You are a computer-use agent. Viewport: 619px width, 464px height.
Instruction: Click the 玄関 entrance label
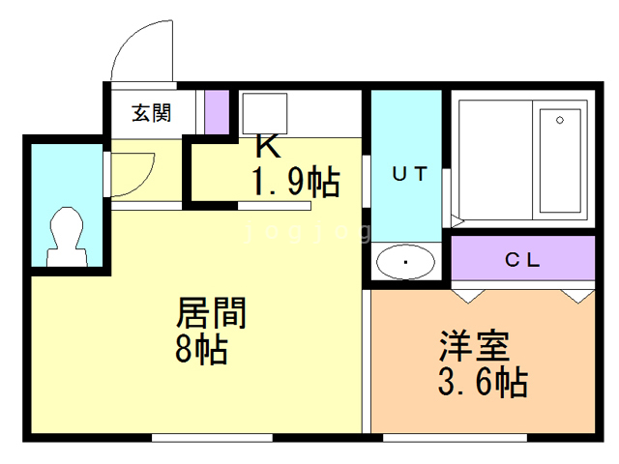(152, 112)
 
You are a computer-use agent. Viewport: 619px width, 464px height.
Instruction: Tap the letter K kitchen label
(267, 147)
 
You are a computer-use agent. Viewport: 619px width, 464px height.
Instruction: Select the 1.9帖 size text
(295, 180)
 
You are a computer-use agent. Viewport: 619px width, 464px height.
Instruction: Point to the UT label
(408, 174)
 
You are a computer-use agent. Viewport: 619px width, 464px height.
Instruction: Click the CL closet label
(522, 260)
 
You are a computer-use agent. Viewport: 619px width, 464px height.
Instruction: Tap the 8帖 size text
(201, 349)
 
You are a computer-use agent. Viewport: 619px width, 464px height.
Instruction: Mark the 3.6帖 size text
(482, 383)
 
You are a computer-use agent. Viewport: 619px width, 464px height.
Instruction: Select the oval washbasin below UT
(405, 262)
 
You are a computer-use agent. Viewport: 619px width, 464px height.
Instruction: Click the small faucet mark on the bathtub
(559, 121)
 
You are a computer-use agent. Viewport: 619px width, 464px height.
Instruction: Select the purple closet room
(522, 259)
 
